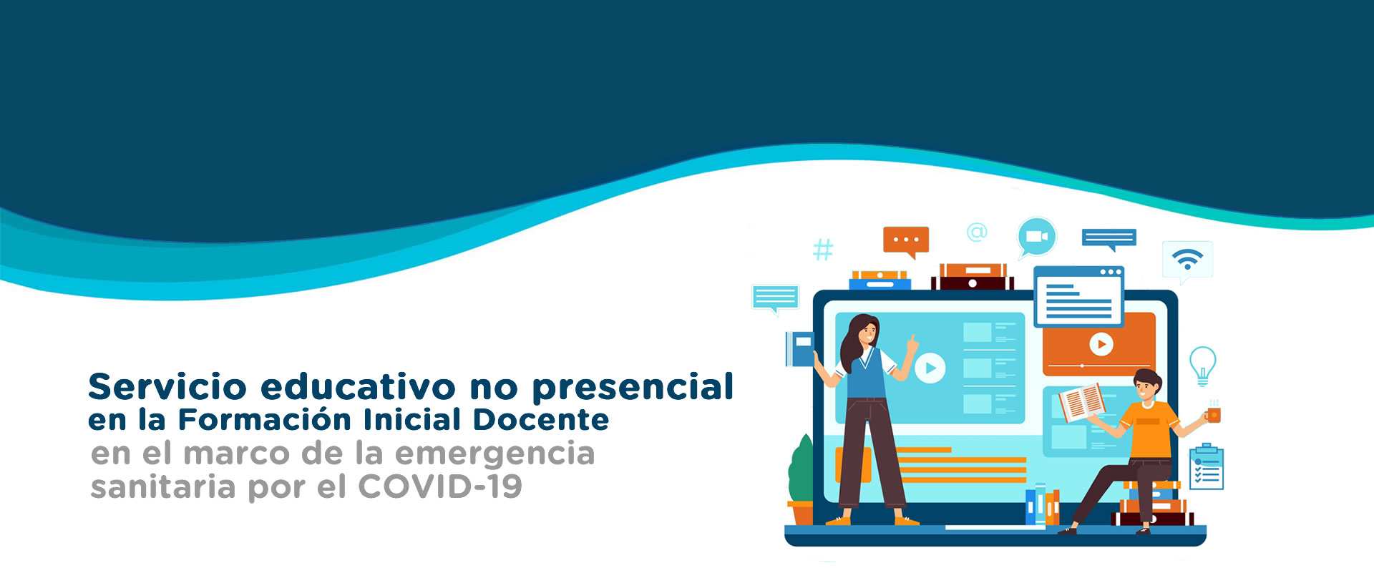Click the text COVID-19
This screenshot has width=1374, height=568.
pos(440,486)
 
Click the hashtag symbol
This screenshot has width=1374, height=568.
pos(823,250)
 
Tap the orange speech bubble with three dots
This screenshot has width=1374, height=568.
pos(906,242)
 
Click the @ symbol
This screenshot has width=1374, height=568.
pos(977,232)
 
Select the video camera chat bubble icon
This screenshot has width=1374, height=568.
pos(1037,237)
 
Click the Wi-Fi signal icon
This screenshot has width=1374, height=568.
pos(1187,258)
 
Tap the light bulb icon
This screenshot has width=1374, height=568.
pos(1202,366)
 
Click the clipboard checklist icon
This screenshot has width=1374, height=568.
pos(1206,466)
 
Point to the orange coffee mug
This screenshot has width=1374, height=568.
pos(1213,414)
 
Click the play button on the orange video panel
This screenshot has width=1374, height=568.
pos(1101,344)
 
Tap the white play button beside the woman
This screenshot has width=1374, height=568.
pos(930,368)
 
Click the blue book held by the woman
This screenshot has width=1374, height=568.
pos(800,349)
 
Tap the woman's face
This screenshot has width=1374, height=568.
pos(866,331)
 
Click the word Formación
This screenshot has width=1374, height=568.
pos(266,419)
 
